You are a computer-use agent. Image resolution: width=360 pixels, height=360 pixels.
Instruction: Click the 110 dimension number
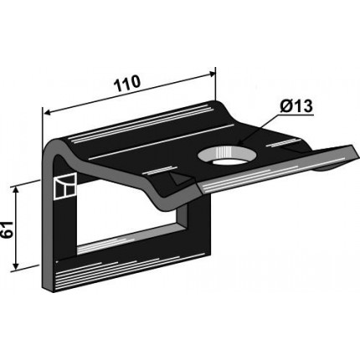[127, 83]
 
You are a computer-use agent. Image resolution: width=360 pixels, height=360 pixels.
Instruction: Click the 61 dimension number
[8, 229]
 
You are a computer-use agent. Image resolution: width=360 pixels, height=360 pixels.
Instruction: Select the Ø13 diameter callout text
[296, 106]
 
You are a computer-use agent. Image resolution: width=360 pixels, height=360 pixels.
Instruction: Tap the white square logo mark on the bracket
[64, 186]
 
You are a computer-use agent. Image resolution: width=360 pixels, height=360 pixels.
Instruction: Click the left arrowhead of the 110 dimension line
[47, 113]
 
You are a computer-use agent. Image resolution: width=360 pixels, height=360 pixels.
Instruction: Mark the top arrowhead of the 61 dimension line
[16, 190]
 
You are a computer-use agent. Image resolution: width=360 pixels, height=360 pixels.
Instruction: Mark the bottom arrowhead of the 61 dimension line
[16, 266]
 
